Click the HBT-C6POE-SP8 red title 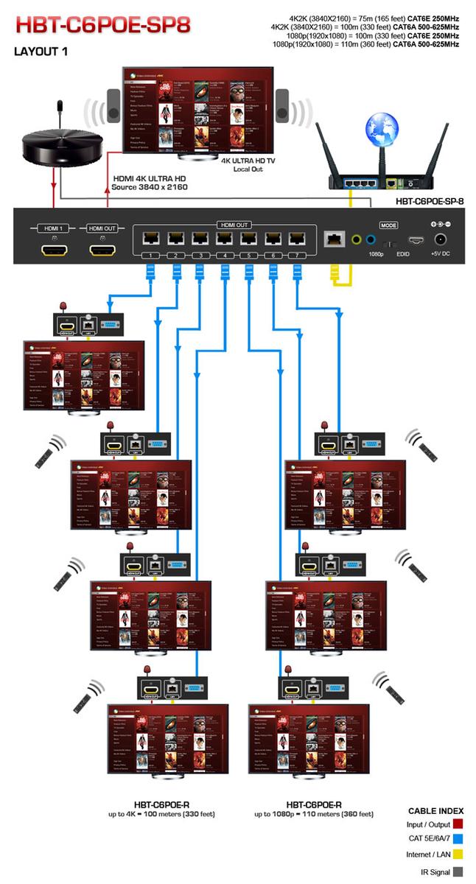103,25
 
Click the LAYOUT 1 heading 41,53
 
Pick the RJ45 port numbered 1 150,239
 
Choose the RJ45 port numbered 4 223,239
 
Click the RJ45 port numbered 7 296,239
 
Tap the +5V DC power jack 441,239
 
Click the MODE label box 388,225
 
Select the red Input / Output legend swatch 457,824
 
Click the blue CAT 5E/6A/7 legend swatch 457,839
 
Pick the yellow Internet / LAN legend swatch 457,855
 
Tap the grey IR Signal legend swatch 457,871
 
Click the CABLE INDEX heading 435,811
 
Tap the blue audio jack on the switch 370,239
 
